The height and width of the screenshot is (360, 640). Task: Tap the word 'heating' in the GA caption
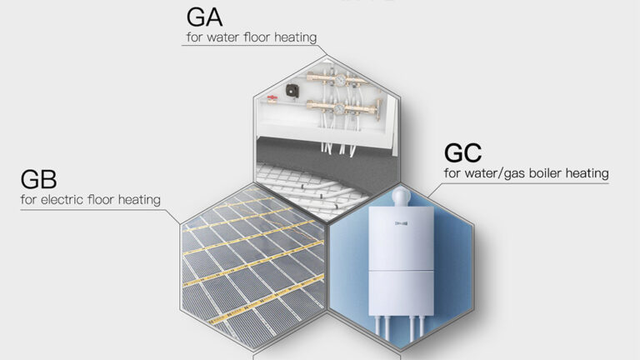295,37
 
